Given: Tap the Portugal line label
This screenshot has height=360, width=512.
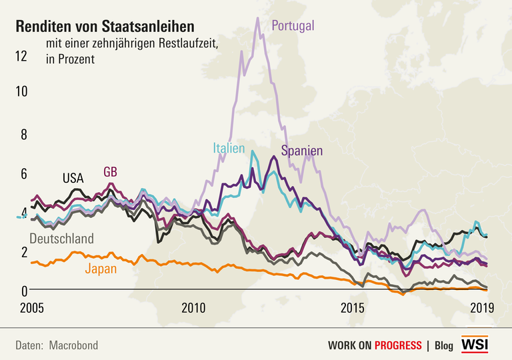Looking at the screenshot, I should (293, 26).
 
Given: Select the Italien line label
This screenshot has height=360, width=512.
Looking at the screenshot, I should (229, 148).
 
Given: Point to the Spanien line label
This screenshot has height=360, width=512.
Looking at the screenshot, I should (302, 151).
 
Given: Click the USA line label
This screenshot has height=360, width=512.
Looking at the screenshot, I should (73, 178).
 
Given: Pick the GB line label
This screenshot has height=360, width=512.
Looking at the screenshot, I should (111, 172).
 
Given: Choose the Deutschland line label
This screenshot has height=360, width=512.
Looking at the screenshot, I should (62, 239).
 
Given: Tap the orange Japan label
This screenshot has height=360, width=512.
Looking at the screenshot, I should (101, 269).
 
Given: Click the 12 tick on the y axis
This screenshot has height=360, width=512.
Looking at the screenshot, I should (21, 56).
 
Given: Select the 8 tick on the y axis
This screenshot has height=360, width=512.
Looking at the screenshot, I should (23, 134).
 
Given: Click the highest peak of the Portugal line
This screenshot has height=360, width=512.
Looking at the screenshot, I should (257, 18).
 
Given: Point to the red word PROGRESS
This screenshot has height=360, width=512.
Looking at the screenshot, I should (397, 345).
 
